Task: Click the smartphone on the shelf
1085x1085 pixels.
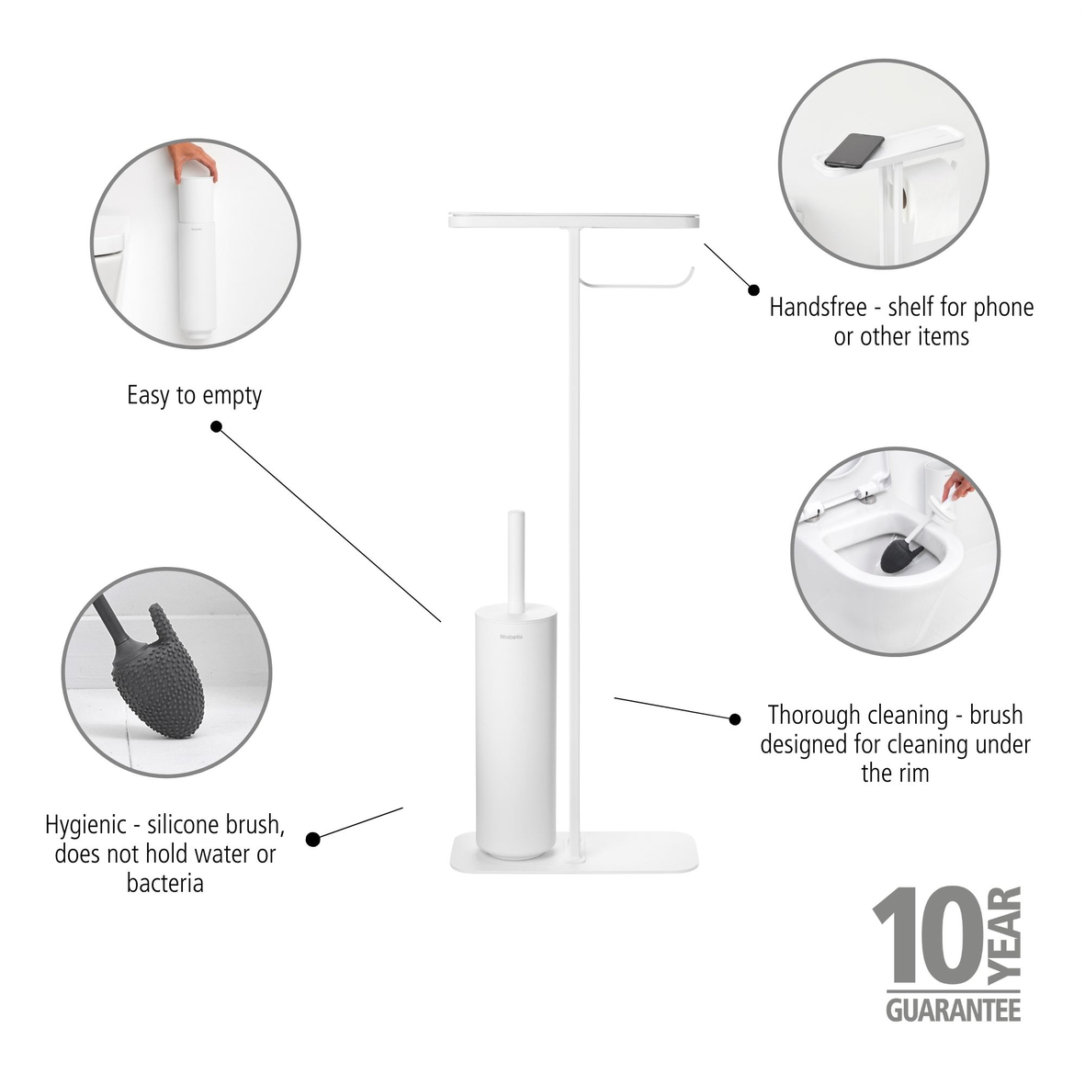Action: click(x=853, y=151)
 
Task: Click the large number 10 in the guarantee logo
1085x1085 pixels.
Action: click(x=925, y=937)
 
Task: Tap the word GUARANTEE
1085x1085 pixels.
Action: click(x=953, y=1010)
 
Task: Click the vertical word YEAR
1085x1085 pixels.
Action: click(x=1006, y=933)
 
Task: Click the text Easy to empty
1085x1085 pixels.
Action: click(x=194, y=396)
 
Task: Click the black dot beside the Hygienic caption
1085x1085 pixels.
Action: click(x=312, y=839)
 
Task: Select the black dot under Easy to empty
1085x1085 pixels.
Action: click(x=217, y=426)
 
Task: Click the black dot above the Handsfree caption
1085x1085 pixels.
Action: click(x=753, y=288)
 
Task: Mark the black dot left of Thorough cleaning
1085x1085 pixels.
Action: click(x=734, y=718)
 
